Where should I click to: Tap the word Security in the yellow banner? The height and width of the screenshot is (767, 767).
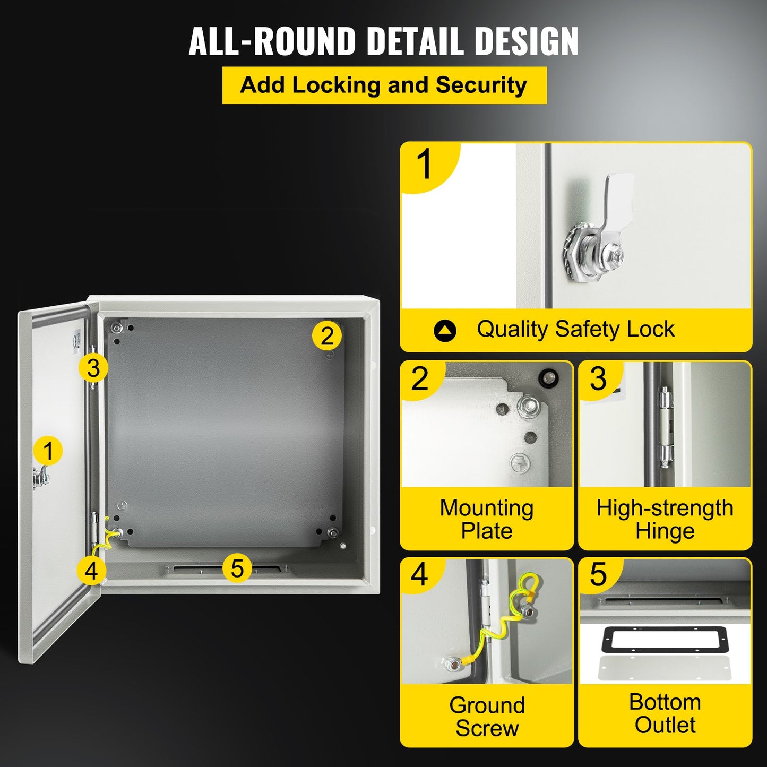481,85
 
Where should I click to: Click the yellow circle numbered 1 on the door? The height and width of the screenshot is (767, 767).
48,451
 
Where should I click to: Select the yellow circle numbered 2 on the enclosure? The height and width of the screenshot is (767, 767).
326,335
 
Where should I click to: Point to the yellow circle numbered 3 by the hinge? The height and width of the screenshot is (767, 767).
93,368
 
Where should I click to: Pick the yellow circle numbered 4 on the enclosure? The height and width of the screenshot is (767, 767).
91,571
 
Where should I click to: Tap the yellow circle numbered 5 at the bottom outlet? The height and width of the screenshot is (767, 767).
237,568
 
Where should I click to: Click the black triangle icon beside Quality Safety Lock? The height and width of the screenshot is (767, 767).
445,331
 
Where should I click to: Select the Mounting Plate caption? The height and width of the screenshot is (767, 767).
487,519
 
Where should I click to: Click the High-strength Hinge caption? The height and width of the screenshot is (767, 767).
665,519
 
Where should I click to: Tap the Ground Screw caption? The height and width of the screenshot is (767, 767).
487,716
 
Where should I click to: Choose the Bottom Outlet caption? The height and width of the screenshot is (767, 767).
665,713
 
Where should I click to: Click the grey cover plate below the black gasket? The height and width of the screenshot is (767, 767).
665,669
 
